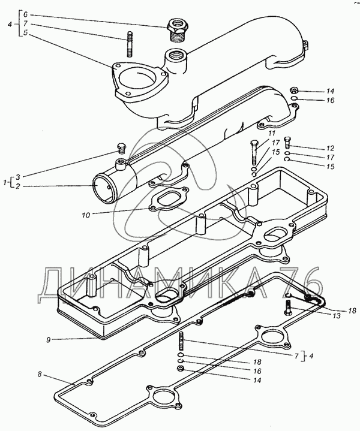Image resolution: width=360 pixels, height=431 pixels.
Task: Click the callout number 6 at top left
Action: pos(25,14)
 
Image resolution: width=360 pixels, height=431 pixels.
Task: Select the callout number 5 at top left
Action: pos(25,33)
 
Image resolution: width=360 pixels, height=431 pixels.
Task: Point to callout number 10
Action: pos(86,215)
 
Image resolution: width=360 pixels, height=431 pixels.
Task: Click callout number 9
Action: pos(49,340)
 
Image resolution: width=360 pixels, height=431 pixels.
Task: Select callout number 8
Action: pos(40,375)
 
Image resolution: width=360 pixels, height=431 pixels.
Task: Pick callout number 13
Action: pos(337,316)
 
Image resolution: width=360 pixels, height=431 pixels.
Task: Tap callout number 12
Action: pos(330,148)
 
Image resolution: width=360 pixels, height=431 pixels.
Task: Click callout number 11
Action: pos(272,134)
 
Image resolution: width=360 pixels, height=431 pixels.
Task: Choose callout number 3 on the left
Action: pos(17,176)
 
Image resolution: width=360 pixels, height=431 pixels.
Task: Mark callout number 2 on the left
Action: pos(17,186)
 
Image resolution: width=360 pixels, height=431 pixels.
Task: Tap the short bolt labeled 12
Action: pos(287,142)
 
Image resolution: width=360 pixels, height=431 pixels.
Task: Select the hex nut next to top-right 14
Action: pos(294,90)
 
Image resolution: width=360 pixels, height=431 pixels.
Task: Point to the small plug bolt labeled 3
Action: pos(121,149)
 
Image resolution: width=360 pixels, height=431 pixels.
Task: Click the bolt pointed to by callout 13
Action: pos(289,308)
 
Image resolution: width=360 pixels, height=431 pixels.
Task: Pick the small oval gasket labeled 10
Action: pos(169,200)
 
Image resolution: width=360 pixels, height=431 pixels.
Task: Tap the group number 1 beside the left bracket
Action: pos(5,182)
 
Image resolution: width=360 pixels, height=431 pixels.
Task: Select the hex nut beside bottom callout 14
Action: pos(181,368)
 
